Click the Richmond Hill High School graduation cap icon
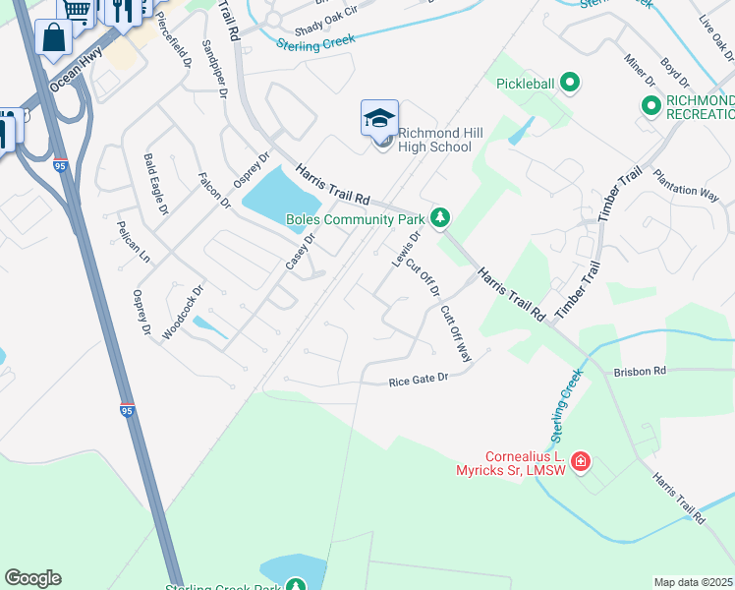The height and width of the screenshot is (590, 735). pyautogui.click(x=379, y=119)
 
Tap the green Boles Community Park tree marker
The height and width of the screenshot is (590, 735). pyautogui.click(x=442, y=216)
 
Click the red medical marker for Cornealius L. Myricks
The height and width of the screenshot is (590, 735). pyautogui.click(x=581, y=460)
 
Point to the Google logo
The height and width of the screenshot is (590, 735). pyautogui.click(x=32, y=578)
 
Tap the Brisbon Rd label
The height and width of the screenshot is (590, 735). pyautogui.click(x=640, y=371)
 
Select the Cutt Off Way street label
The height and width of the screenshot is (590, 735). pyautogui.click(x=457, y=333)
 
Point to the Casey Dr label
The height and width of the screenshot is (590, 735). pyautogui.click(x=300, y=252)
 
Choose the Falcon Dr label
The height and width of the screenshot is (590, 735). pyautogui.click(x=214, y=191)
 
